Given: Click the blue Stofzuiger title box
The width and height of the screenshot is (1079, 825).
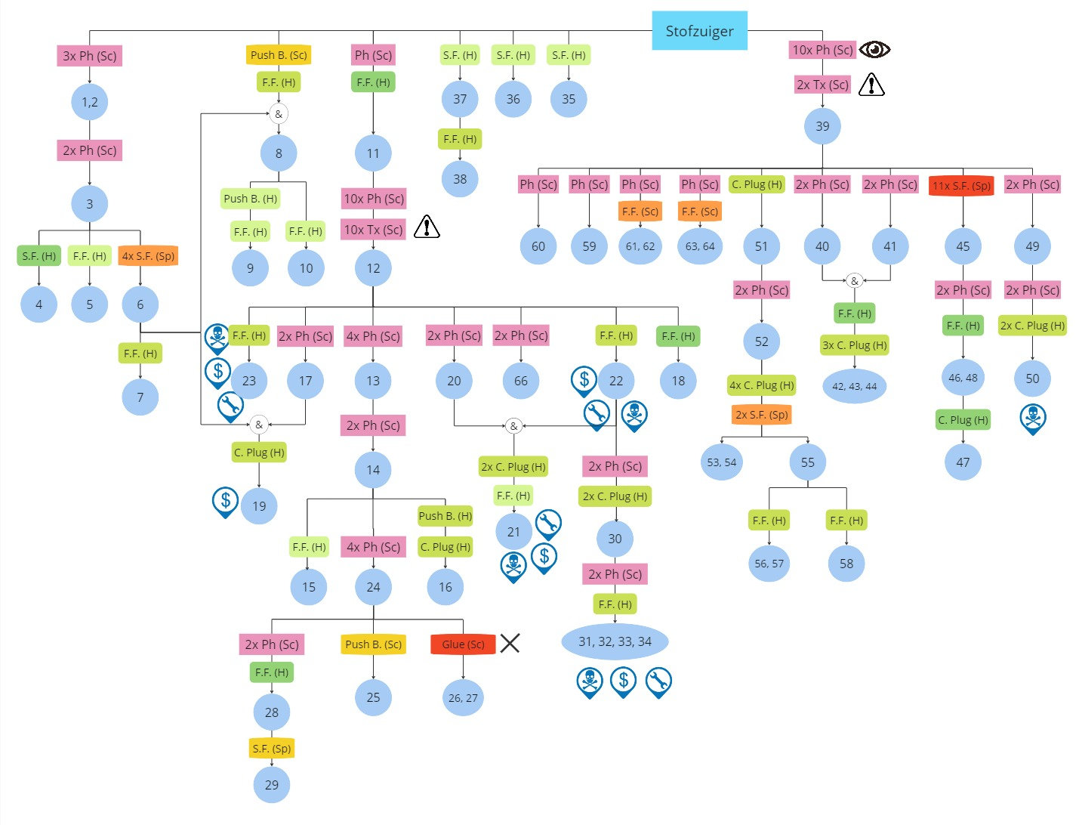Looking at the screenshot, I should coord(699,31).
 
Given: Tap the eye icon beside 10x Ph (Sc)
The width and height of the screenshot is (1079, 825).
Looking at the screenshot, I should coord(874,50).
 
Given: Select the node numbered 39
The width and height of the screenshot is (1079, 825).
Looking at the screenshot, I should coord(822,126).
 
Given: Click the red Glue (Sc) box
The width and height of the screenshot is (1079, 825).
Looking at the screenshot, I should coord(463,644).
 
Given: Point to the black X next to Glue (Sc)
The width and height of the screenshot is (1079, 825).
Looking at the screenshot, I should coord(510,644).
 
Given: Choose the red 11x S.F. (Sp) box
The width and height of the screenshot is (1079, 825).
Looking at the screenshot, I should coord(961,186).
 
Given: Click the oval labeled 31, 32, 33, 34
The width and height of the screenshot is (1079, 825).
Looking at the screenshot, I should coord(615,641).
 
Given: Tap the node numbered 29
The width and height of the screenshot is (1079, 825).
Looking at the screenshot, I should coord(271,784).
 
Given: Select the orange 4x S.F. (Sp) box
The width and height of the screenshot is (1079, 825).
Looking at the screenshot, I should coord(148,256).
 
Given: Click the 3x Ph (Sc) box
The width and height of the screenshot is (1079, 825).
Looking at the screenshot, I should coord(89,56).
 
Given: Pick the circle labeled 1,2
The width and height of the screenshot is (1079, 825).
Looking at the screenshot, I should coord(89,102).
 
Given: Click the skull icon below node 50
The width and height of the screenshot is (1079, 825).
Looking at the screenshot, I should coord(1032,417).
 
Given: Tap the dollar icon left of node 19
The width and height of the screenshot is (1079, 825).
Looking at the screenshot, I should coord(225,500).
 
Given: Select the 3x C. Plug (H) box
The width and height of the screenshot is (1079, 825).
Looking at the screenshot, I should coord(854,345).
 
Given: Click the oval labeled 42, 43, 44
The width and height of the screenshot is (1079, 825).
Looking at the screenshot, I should coord(854,386).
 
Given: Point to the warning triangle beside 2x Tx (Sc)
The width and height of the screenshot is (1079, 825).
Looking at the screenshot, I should coord(871,84).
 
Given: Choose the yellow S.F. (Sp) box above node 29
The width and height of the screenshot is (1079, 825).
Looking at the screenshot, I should coord(271,749).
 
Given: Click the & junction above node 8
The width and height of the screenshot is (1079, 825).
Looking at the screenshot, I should coord(279,114).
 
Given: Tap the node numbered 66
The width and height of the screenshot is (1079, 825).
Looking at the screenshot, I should coord(520,381).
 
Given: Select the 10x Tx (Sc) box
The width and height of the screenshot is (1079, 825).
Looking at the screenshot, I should coord(373,230).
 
